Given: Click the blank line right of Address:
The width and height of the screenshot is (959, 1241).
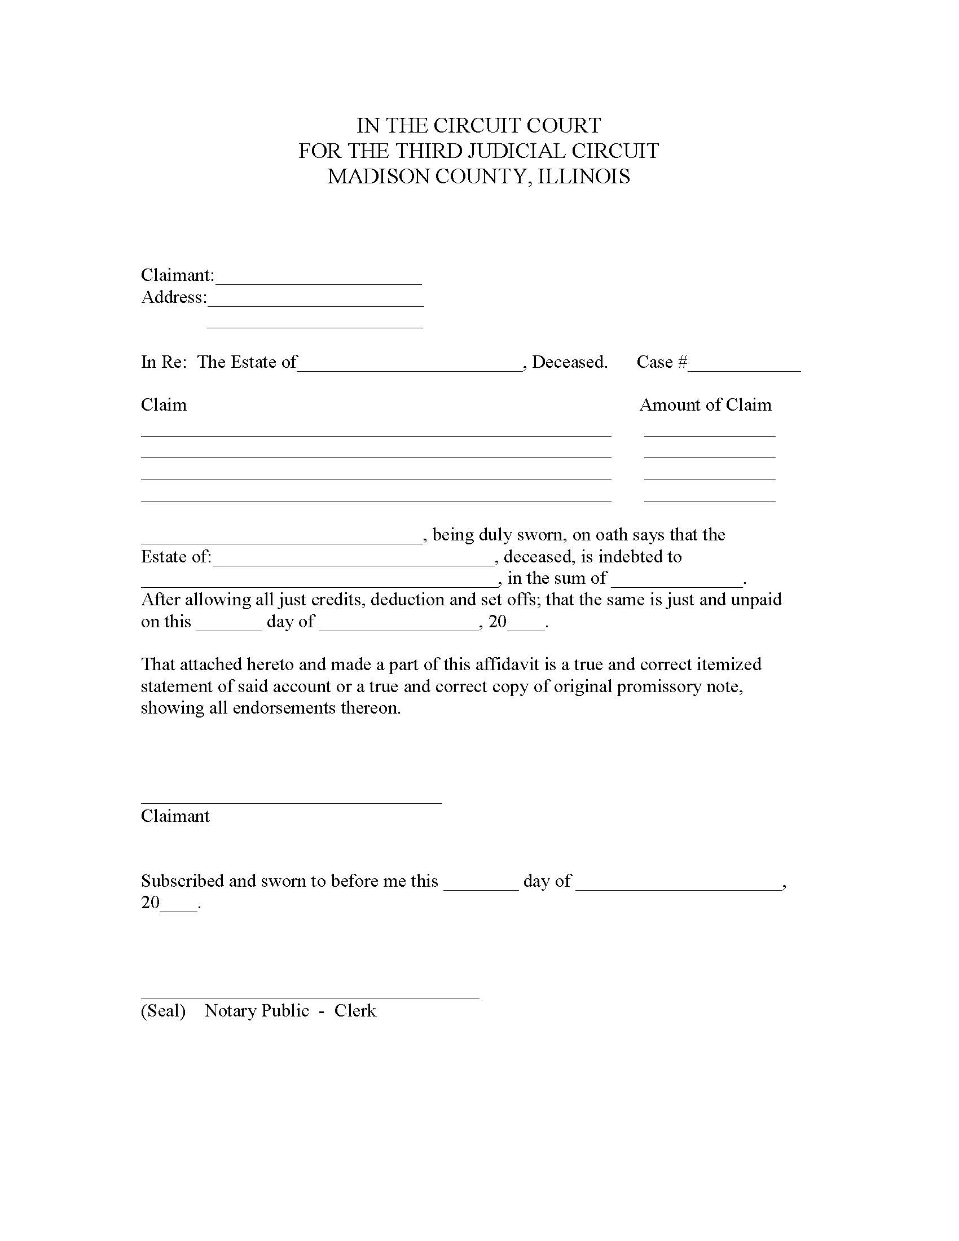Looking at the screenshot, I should tap(316, 302).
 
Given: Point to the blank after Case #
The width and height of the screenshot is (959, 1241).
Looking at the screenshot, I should tap(744, 367).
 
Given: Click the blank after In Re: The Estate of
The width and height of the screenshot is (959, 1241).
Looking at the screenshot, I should tap(409, 367).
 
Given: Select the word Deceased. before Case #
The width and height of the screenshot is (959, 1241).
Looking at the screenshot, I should tap(570, 362).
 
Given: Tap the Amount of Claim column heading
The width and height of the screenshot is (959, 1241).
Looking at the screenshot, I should tap(706, 405).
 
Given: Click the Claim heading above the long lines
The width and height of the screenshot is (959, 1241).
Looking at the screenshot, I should tap(164, 405).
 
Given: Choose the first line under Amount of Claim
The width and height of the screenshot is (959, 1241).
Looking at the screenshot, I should tap(710, 436).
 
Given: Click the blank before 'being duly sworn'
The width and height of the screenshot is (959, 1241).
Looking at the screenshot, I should tap(282, 539).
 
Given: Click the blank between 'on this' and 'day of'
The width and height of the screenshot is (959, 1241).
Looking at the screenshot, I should tap(229, 626).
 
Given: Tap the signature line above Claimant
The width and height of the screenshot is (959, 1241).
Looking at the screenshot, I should tap(291, 802).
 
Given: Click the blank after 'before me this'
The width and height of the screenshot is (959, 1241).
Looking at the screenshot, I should tap(481, 885).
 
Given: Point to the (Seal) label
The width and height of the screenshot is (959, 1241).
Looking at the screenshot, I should tap(164, 1011).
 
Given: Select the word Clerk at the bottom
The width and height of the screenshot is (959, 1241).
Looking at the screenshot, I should tap(355, 1011).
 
